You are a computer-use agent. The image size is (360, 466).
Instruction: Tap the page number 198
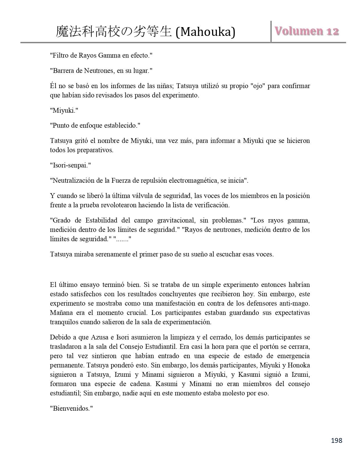[x=336, y=440]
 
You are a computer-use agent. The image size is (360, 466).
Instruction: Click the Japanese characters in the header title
[x=114, y=32]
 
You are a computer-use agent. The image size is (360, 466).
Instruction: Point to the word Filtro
[x=61, y=55]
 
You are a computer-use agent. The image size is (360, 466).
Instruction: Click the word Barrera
[x=64, y=71]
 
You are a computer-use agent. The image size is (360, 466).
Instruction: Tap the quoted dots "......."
[x=122, y=239]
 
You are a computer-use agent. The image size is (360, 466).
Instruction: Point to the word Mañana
[x=61, y=313]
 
